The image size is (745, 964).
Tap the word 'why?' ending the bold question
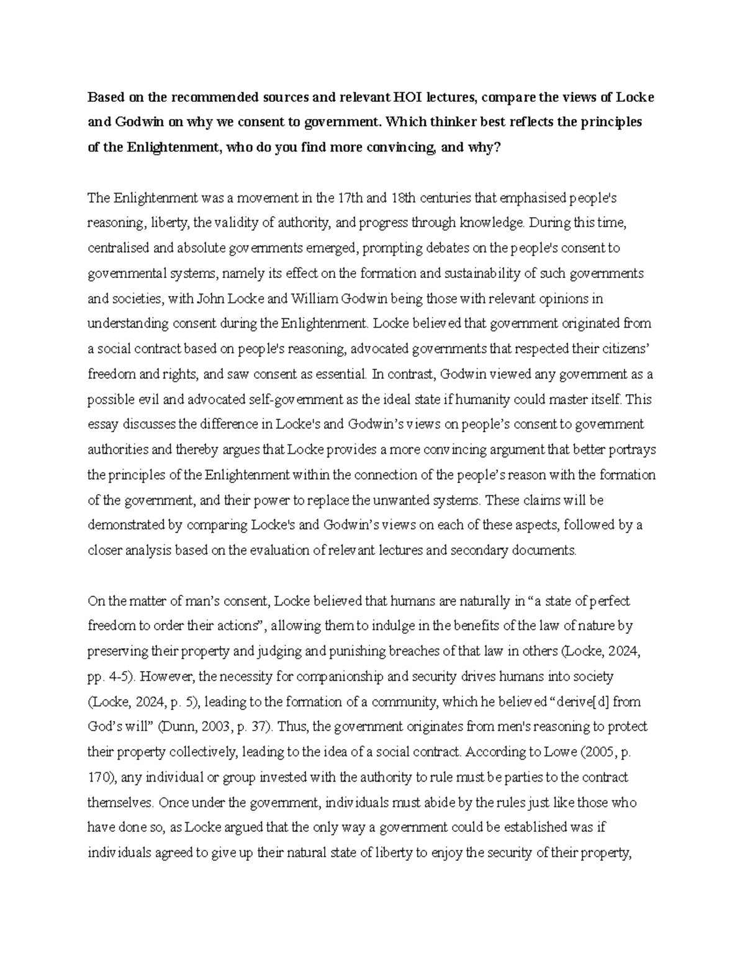point(483,148)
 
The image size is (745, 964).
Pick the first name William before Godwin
point(314,299)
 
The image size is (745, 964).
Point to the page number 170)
point(100,777)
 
